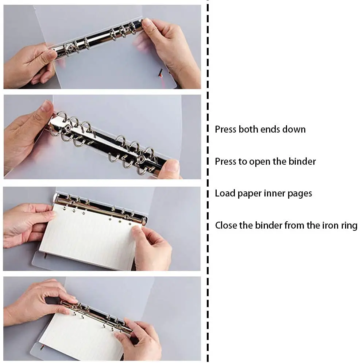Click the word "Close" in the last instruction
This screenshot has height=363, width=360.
click(x=226, y=225)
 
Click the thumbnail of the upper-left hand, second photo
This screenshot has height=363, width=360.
click(x=46, y=107)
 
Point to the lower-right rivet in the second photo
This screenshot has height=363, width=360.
click(x=141, y=159)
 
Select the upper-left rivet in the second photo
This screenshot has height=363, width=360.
click(x=68, y=127)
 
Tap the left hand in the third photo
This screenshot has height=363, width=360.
click(x=26, y=225)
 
